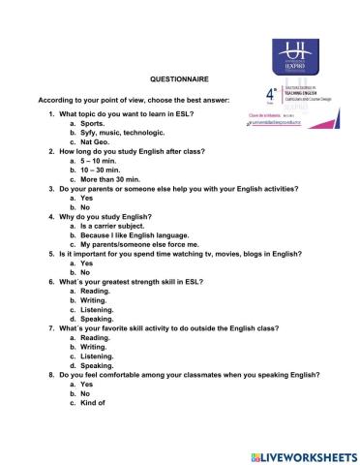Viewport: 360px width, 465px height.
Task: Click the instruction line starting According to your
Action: pos(125,101)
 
